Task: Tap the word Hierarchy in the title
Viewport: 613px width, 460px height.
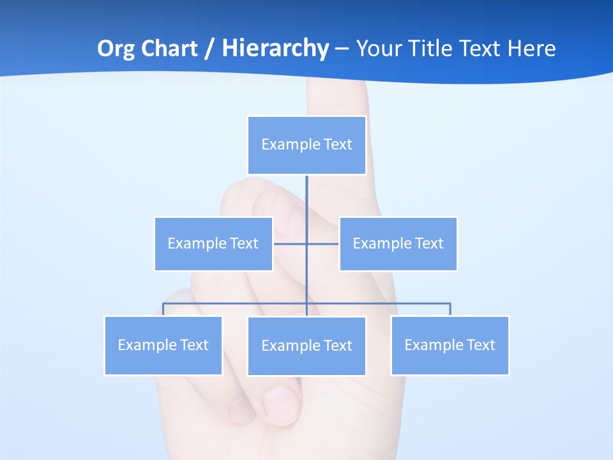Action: click(x=275, y=49)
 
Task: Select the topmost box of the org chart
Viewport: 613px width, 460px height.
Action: click(x=306, y=145)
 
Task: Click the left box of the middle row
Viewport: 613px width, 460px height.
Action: click(x=213, y=243)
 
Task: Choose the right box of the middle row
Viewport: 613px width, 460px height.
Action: click(x=398, y=243)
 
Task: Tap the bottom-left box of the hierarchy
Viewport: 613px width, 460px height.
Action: click(x=163, y=345)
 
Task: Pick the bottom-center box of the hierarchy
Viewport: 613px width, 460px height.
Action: click(x=306, y=346)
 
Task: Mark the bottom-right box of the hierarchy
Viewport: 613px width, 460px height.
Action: click(x=450, y=345)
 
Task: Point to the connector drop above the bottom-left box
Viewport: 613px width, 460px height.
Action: click(x=163, y=309)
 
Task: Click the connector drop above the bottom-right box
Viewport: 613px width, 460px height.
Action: click(x=450, y=309)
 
